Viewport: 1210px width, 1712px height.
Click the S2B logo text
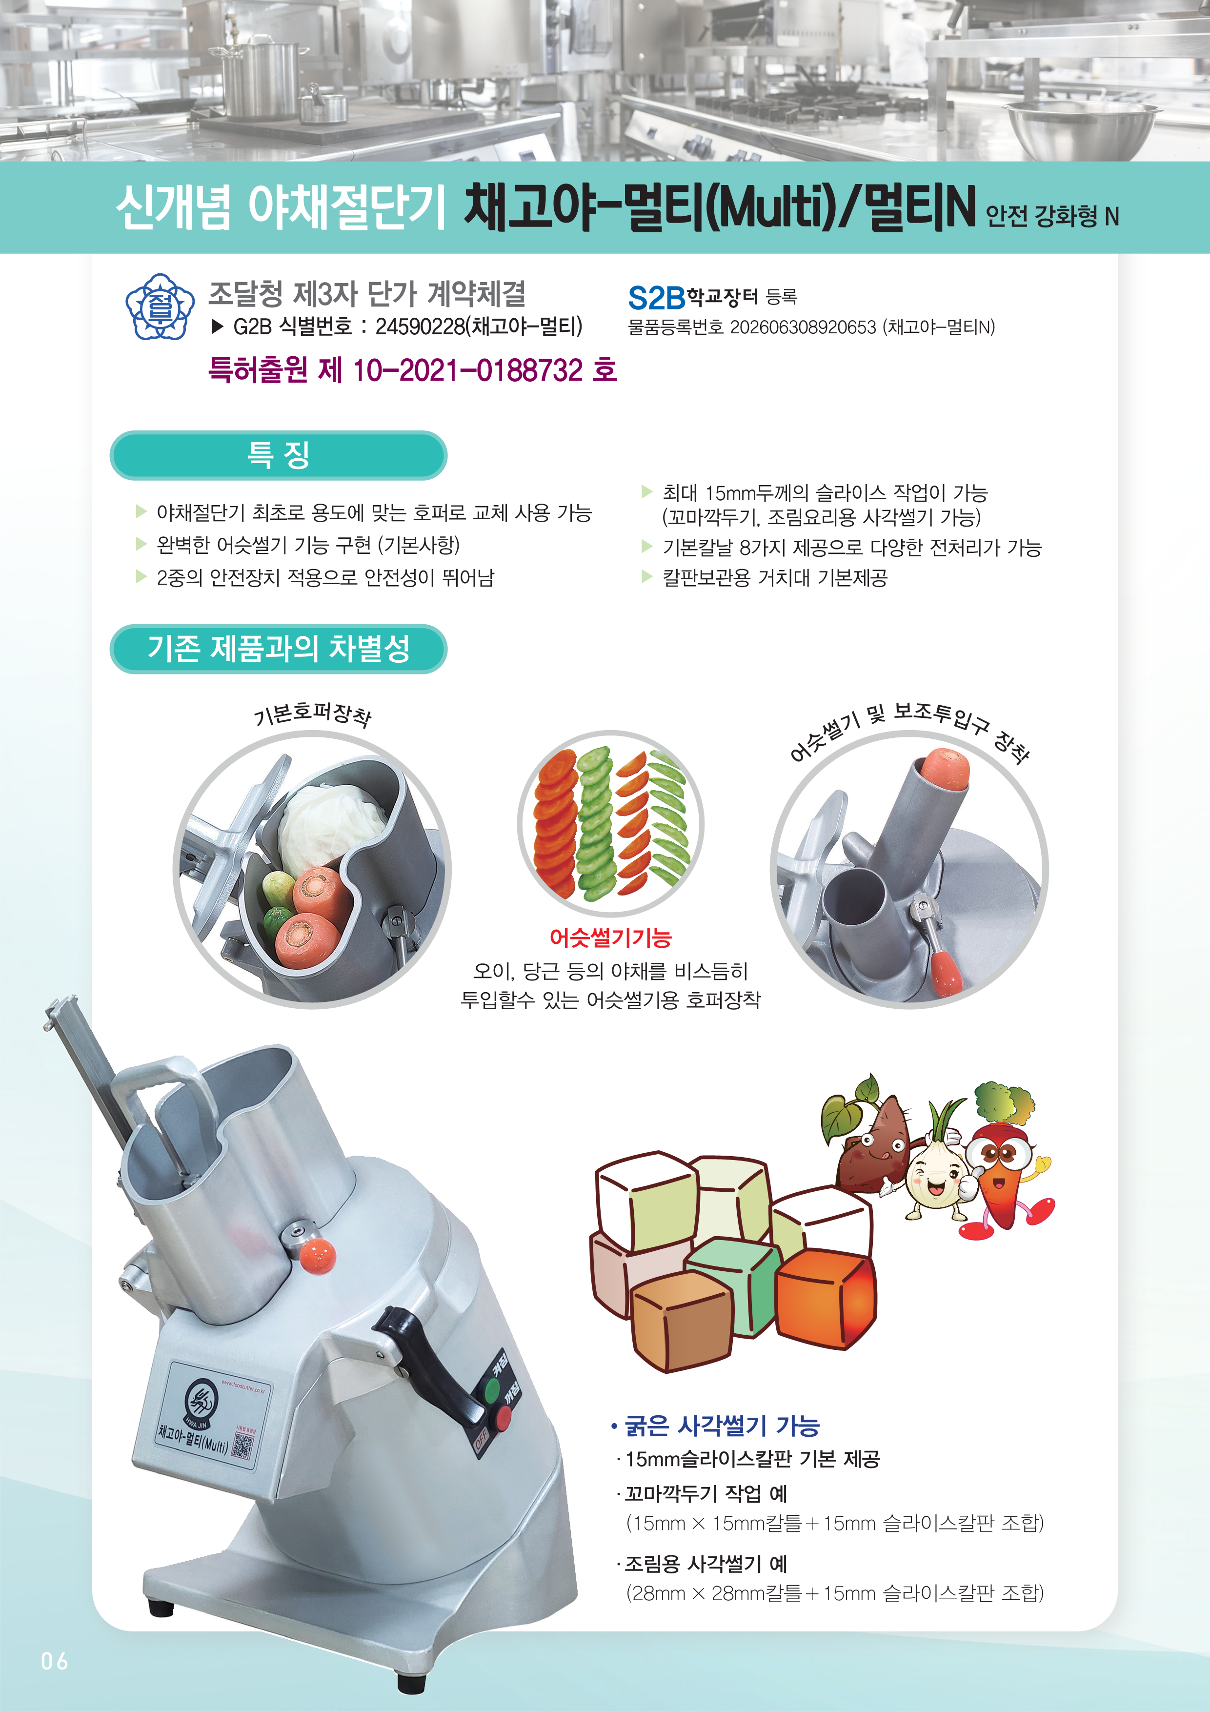[x=656, y=298]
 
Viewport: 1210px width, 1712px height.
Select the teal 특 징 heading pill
[x=278, y=455]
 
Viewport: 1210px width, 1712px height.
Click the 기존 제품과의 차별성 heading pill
[x=278, y=649]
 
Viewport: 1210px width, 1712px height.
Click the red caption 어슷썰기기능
[x=610, y=938]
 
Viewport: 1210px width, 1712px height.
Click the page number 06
[x=55, y=1661]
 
